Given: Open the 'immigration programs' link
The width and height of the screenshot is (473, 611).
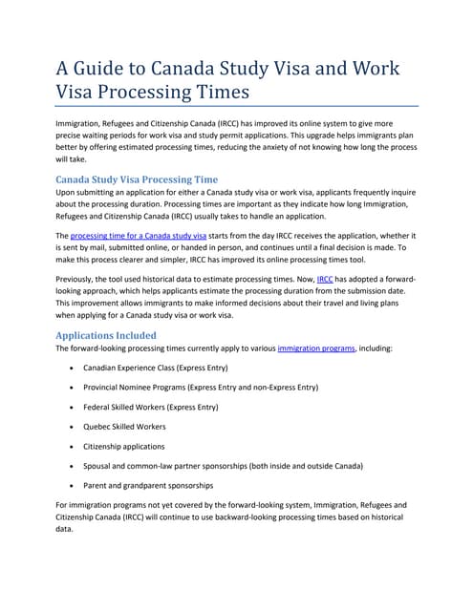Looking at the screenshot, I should pyautogui.click(x=315, y=349).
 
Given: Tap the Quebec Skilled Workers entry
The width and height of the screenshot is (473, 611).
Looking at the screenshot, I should pyautogui.click(x=124, y=427).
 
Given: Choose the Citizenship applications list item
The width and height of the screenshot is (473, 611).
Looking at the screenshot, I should pyautogui.click(x=123, y=446).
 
